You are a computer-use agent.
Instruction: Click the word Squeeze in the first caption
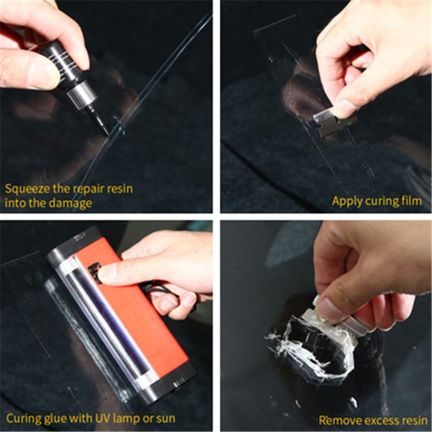pos(26,190)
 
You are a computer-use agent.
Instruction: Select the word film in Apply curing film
pos(412,201)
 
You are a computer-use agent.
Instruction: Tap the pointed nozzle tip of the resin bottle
pos(105,130)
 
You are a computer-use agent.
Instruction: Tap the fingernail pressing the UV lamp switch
pos(106,273)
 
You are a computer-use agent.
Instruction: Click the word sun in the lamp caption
pos(165,418)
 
